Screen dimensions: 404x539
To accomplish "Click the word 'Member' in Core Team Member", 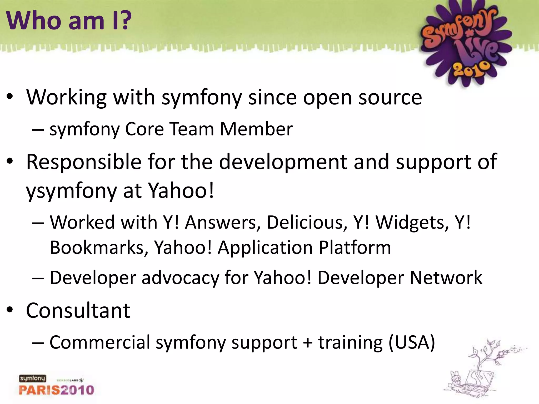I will (x=256, y=129).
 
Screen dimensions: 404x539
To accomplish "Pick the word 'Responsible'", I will (x=84, y=162).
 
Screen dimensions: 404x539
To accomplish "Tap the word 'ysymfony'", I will (x=71, y=191).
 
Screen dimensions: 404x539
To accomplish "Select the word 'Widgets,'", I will (x=412, y=223).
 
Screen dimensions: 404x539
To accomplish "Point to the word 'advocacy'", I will (x=180, y=278).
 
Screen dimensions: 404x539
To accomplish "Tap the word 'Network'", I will (x=446, y=278).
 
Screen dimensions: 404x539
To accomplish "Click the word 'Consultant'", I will (x=78, y=311).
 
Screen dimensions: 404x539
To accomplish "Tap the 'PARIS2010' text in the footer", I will (x=56, y=390).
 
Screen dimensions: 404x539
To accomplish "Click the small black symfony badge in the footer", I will (x=32, y=378).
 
